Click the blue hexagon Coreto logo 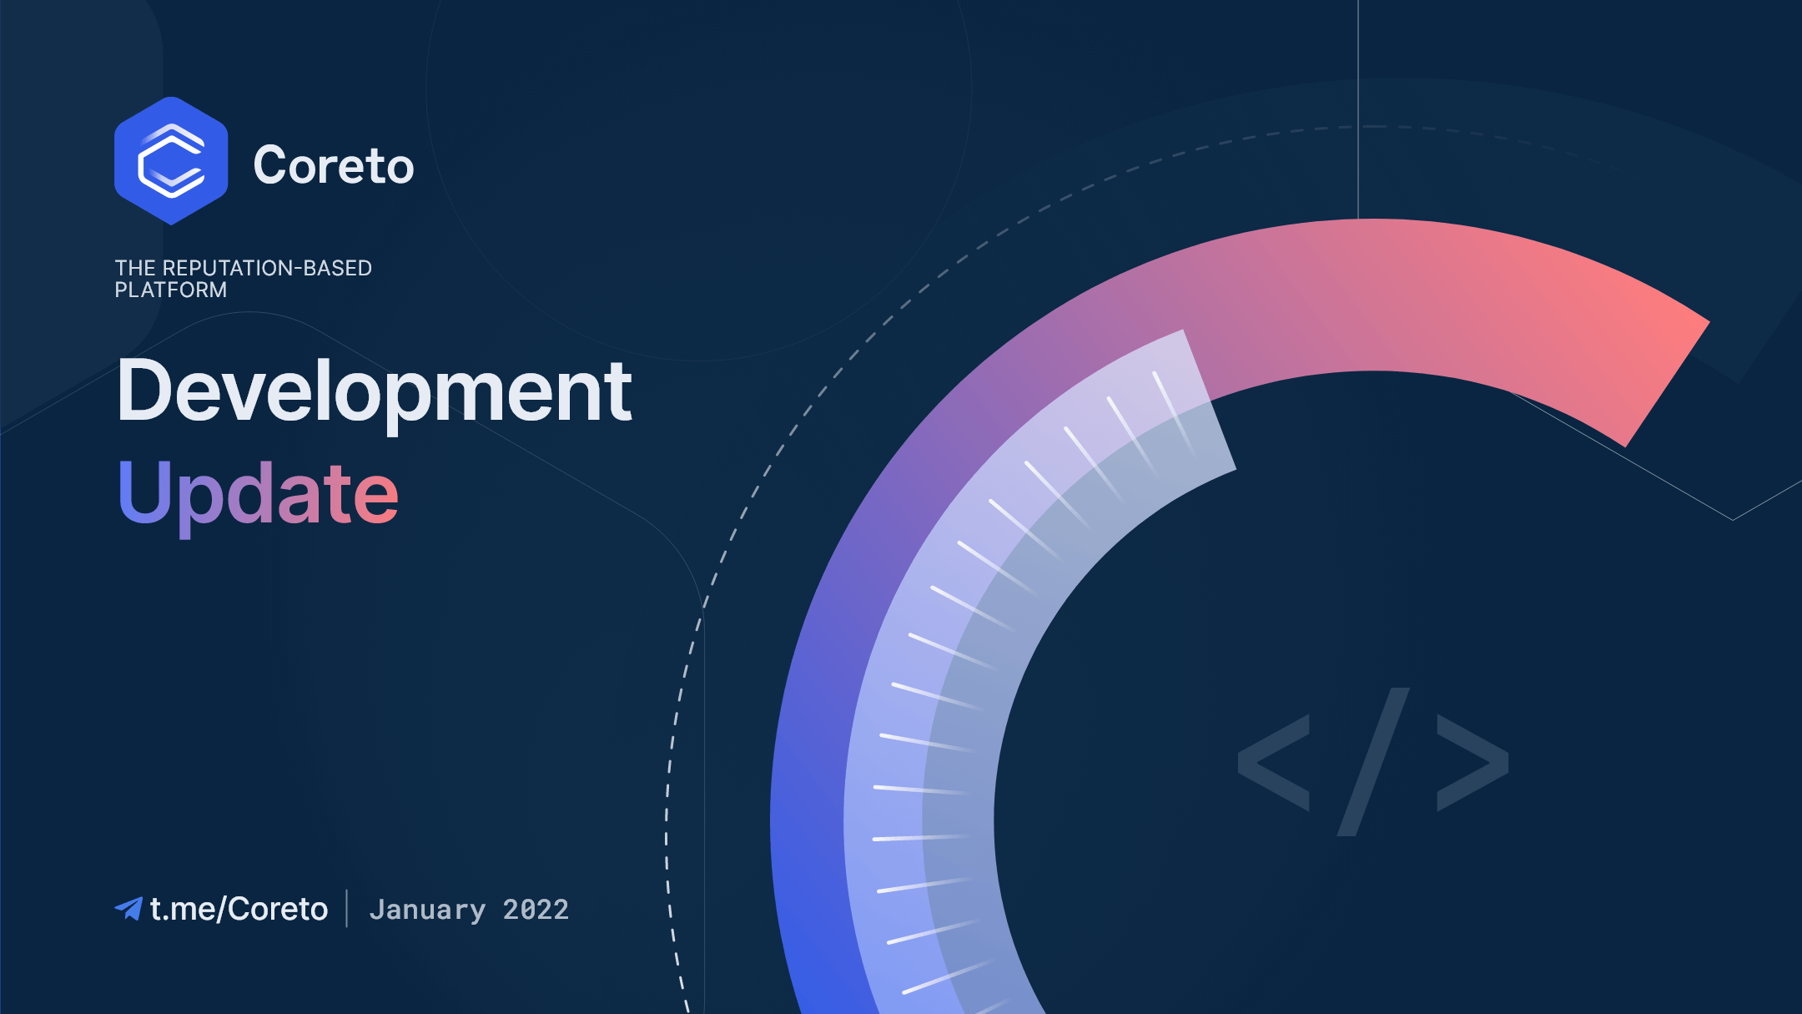click(171, 161)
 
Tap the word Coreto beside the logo click(334, 165)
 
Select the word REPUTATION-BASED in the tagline click(267, 268)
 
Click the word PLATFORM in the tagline click(171, 290)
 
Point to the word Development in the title click(375, 391)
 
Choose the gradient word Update click(259, 495)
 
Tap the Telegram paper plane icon click(128, 908)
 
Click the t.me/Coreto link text click(239, 909)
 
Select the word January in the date click(427, 910)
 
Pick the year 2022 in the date click(536, 909)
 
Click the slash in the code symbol click(1373, 762)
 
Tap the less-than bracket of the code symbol click(1273, 762)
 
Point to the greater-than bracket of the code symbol click(1472, 762)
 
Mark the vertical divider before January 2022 click(347, 908)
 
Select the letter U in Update click(143, 492)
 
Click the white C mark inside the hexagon click(171, 161)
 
